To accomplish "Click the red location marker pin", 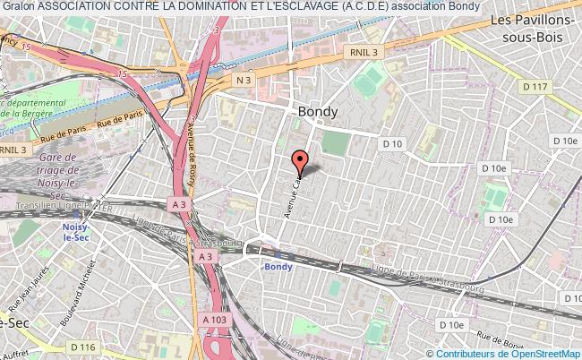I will [300, 161].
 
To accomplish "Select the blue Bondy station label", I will [278, 266].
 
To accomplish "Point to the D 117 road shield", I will [535, 86].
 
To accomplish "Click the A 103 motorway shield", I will [215, 320].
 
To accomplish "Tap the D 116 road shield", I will [83, 347].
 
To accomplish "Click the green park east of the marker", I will [334, 141].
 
